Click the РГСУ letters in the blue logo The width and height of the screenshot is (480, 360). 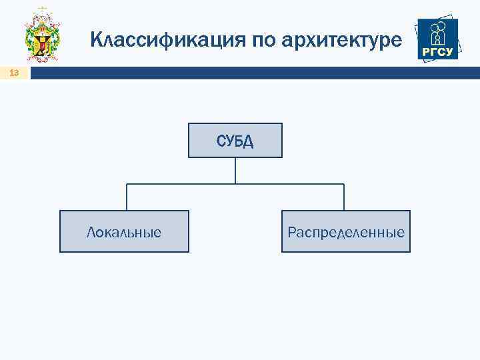pyautogui.click(x=437, y=52)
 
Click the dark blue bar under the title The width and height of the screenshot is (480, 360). pyautogui.click(x=253, y=73)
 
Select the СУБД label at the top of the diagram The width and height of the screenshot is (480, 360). pyautogui.click(x=235, y=141)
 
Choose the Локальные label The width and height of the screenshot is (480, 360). pyautogui.click(x=124, y=232)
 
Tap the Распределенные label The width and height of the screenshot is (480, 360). pyautogui.click(x=346, y=232)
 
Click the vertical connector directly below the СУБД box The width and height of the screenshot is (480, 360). pyautogui.click(x=235, y=170)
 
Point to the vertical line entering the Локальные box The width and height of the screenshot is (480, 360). pyautogui.click(x=127, y=198)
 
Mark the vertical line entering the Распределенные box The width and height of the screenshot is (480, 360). pyautogui.click(x=344, y=198)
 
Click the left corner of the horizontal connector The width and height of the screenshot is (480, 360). pyautogui.click(x=127, y=184)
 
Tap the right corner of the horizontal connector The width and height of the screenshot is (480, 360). pyautogui.click(x=344, y=184)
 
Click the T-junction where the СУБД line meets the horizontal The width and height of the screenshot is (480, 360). pyautogui.click(x=235, y=184)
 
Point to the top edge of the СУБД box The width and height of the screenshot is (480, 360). pyautogui.click(x=235, y=123)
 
